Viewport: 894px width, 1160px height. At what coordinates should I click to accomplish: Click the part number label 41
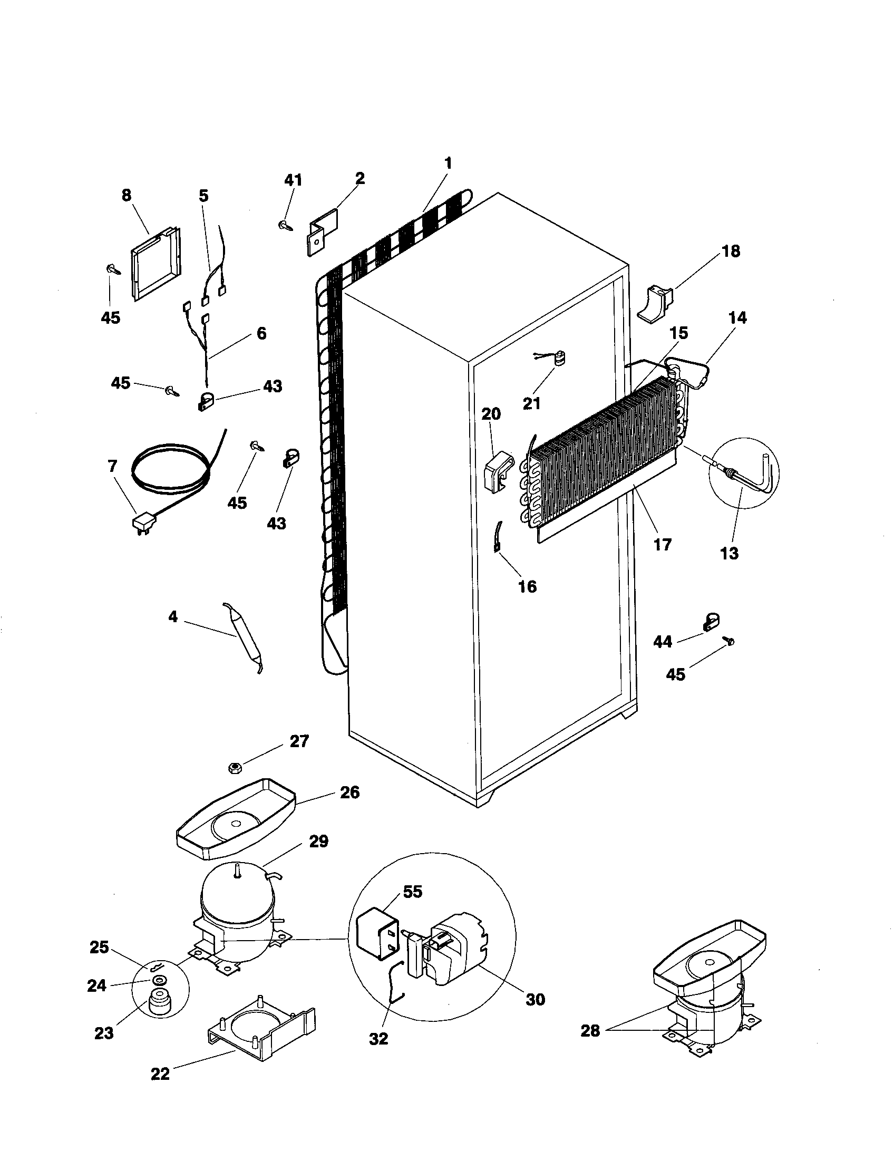tap(293, 180)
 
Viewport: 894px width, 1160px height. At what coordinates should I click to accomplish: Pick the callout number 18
tap(731, 251)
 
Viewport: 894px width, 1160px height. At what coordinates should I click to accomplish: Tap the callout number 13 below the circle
tap(730, 554)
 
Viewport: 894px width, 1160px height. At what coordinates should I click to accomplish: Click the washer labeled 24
tap(159, 980)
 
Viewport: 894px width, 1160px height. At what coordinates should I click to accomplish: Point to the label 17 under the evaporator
tap(663, 545)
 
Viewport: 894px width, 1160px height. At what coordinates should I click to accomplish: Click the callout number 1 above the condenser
tap(448, 163)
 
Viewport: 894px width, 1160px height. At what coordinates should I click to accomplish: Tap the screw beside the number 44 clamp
tap(729, 642)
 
